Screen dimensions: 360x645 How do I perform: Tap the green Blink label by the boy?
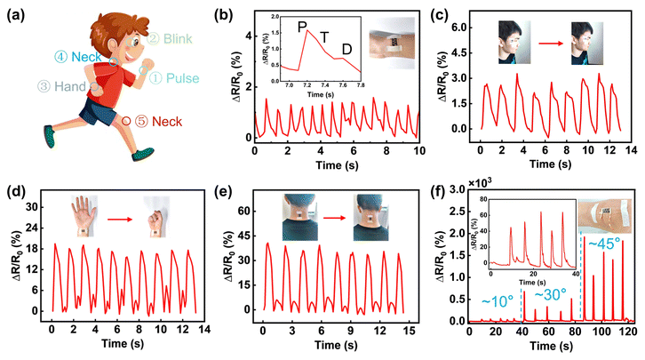(165, 38)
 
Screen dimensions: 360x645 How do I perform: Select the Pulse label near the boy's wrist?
(166, 78)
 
